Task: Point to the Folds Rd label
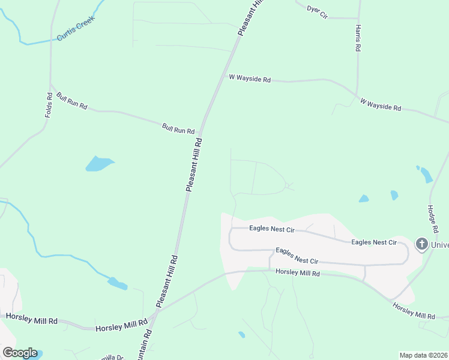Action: point(49,104)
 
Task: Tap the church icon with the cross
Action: point(421,244)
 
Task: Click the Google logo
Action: point(19,353)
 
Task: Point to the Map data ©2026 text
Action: point(424,355)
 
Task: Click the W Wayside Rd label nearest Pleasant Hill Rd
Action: point(250,79)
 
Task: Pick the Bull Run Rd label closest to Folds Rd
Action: point(72,101)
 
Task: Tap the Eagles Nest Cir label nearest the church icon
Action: point(374,242)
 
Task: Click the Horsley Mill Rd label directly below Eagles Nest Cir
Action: point(298,273)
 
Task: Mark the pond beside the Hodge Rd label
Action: point(426,175)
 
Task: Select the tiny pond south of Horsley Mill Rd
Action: point(241,335)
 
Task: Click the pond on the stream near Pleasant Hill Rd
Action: point(118,284)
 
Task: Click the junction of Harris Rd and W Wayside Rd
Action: point(358,95)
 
